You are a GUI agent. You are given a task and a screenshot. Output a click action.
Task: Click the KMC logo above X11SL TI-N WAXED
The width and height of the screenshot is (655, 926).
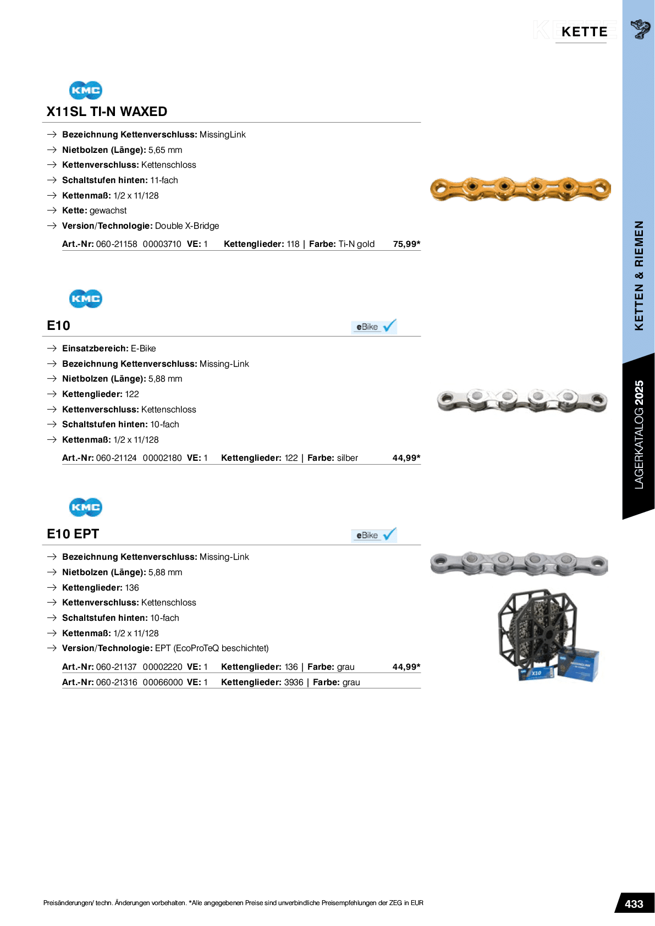point(85,90)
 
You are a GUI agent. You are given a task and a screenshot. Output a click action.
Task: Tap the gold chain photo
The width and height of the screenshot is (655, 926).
point(520,189)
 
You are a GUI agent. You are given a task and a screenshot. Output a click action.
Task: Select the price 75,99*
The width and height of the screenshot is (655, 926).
point(406,244)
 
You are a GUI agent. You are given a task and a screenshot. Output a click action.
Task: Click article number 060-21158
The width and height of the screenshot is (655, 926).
point(117,244)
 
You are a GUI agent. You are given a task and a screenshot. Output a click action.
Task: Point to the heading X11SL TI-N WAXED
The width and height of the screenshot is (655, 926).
point(107,112)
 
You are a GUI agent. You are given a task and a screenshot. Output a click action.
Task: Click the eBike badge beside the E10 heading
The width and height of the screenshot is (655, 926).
point(374,327)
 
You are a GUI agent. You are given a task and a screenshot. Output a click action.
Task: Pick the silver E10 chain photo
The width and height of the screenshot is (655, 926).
point(520,401)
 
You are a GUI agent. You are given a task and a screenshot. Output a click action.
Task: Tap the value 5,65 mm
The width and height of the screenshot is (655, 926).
point(165,150)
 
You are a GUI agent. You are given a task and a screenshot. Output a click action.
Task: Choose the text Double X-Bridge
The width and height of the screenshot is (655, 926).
point(187,226)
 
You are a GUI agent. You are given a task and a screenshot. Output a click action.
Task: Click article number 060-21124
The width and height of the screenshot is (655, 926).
point(116,458)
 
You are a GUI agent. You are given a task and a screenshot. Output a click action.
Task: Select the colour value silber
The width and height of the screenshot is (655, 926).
point(347,458)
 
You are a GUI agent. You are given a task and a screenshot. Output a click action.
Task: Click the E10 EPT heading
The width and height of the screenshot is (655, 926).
point(73,534)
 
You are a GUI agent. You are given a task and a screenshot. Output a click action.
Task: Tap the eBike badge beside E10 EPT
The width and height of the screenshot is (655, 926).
point(374,535)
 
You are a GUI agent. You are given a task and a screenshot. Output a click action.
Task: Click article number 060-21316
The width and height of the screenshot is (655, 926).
point(117,682)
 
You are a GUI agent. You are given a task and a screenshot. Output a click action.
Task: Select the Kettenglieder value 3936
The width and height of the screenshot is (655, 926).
point(294,682)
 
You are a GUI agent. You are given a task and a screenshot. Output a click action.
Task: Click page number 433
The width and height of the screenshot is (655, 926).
point(634,904)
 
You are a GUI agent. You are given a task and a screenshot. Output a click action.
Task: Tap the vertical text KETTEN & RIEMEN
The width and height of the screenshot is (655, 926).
point(639,275)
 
